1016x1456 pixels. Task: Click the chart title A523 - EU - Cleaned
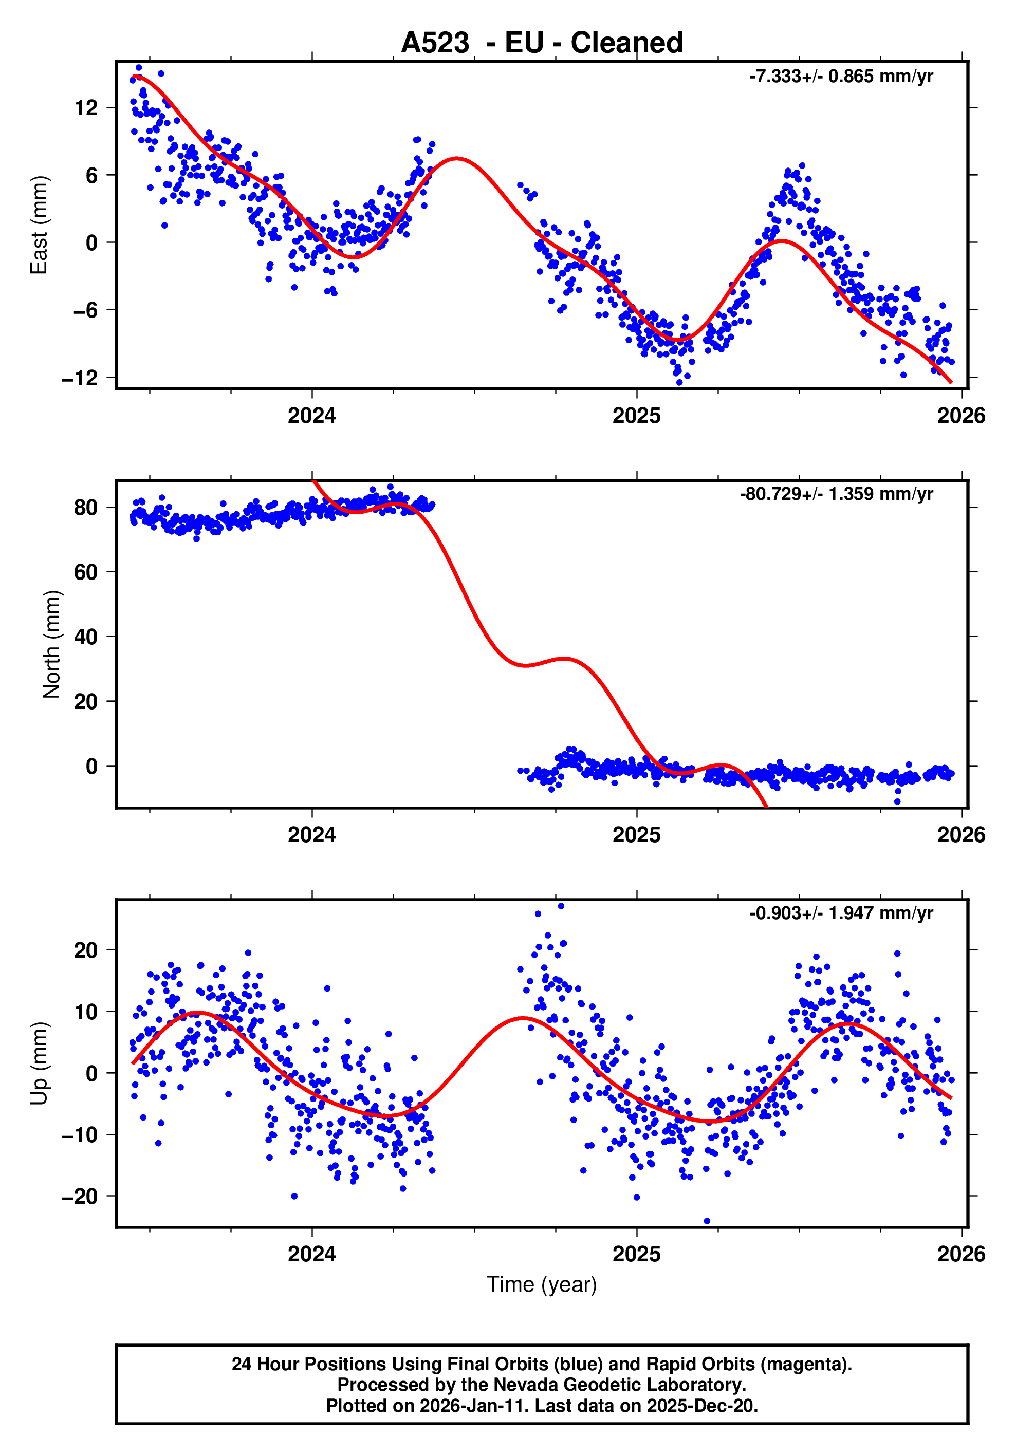[542, 43]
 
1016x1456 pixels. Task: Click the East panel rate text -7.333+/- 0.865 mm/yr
[840, 77]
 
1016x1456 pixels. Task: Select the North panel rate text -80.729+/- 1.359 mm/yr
[836, 494]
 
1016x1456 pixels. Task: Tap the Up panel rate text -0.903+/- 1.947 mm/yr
[840, 913]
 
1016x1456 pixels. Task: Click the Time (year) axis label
[542, 1284]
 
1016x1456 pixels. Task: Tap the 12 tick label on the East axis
[86, 108]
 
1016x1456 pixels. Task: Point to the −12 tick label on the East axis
[80, 378]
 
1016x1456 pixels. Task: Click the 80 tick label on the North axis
[86, 507]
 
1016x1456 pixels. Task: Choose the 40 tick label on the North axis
[86, 637]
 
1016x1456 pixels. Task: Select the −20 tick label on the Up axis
[80, 1197]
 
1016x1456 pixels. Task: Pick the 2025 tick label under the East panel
[636, 416]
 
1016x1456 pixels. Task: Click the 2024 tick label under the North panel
[311, 835]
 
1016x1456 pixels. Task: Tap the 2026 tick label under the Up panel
[961, 1254]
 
